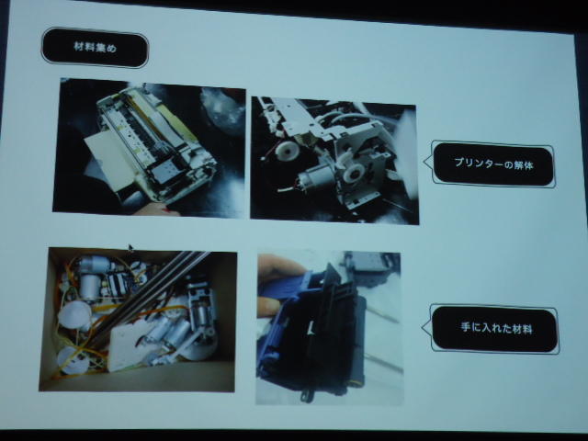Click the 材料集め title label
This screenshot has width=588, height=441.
(96, 48)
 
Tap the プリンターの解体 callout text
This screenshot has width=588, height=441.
(493, 164)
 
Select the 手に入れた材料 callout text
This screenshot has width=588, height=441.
(496, 328)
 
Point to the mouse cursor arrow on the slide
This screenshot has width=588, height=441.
(130, 247)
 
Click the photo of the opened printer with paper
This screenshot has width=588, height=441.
(149, 147)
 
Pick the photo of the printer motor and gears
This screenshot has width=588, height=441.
(334, 161)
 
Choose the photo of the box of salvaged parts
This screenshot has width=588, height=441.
(138, 320)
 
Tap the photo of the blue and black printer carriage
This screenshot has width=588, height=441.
(329, 328)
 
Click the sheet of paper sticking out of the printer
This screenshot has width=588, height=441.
(110, 162)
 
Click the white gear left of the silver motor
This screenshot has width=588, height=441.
(288, 151)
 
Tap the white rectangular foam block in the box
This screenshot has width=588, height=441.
(130, 347)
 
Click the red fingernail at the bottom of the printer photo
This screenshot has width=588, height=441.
(164, 210)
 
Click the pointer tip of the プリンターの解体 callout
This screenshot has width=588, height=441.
(424, 162)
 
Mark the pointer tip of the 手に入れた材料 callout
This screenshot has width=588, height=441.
(423, 327)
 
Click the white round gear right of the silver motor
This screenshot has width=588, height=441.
(353, 174)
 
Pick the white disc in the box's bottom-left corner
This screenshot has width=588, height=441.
(72, 360)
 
